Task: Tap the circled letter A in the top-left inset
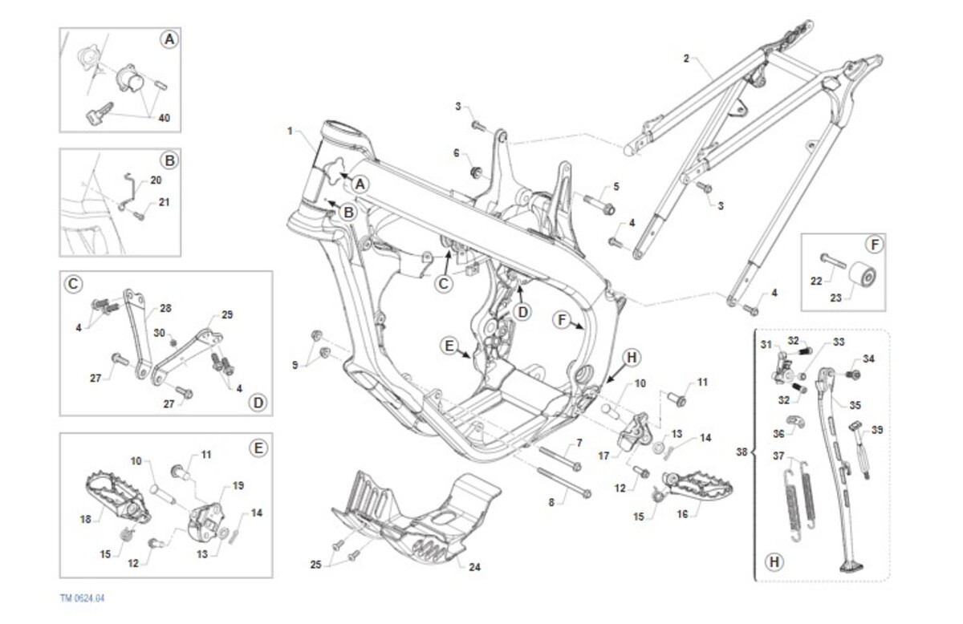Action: (x=169, y=38)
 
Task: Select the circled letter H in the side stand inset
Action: (x=774, y=562)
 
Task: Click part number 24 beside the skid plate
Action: (x=474, y=567)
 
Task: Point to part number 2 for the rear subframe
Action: (x=686, y=59)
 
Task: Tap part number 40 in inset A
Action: (x=164, y=118)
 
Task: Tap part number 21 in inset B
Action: (x=164, y=202)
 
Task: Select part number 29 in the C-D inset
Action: (x=226, y=314)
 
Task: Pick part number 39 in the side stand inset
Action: (x=877, y=430)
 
